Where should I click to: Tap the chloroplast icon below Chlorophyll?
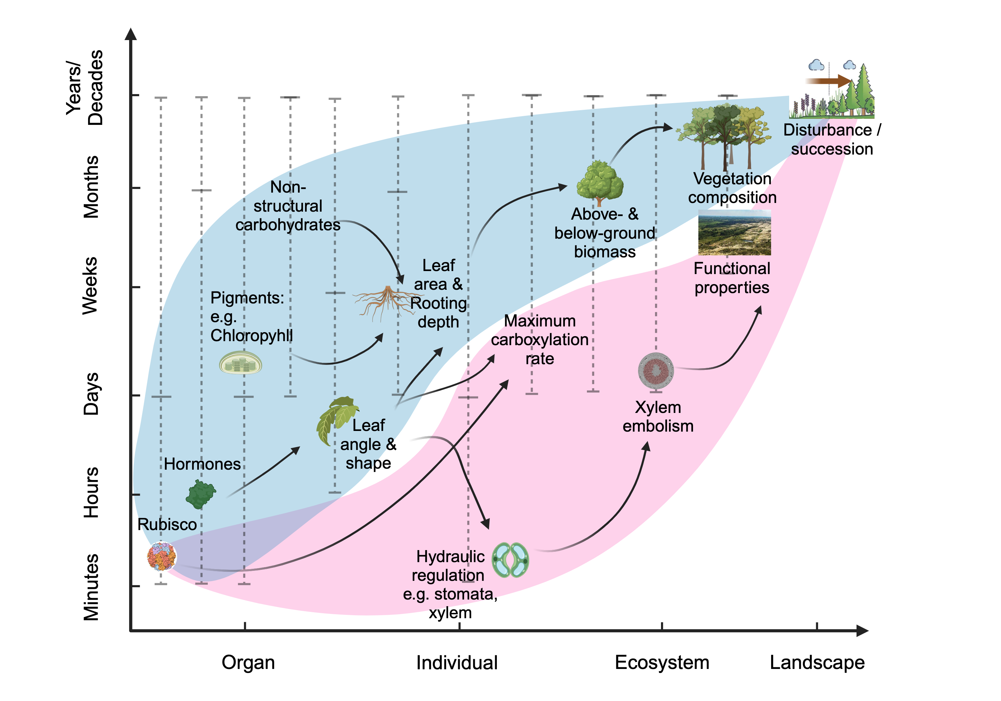click(240, 363)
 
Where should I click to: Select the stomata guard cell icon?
click(510, 560)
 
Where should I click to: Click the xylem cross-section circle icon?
click(656, 371)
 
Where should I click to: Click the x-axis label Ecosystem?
click(662, 663)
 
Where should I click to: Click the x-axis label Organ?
click(248, 663)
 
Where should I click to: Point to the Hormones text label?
click(202, 464)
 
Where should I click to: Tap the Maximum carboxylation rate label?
click(540, 340)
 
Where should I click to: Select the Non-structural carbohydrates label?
click(288, 206)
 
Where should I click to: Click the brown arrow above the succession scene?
click(828, 81)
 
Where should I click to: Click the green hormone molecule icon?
click(201, 494)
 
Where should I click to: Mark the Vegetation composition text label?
click(732, 188)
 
